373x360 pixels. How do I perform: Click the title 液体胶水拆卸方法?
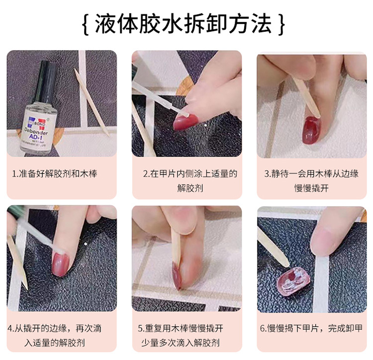183,24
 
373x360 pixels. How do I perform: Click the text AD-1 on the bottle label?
36,137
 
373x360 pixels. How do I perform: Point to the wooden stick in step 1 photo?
92,102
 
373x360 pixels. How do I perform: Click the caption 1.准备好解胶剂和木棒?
55,174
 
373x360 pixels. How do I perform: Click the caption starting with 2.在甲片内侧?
190,181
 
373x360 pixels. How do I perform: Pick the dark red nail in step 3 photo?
312,130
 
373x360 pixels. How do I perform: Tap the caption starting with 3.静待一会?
311,181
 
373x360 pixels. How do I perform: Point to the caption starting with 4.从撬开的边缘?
55,336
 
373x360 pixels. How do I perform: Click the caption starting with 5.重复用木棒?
181,336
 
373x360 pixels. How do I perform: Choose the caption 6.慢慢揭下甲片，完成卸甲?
311,328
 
